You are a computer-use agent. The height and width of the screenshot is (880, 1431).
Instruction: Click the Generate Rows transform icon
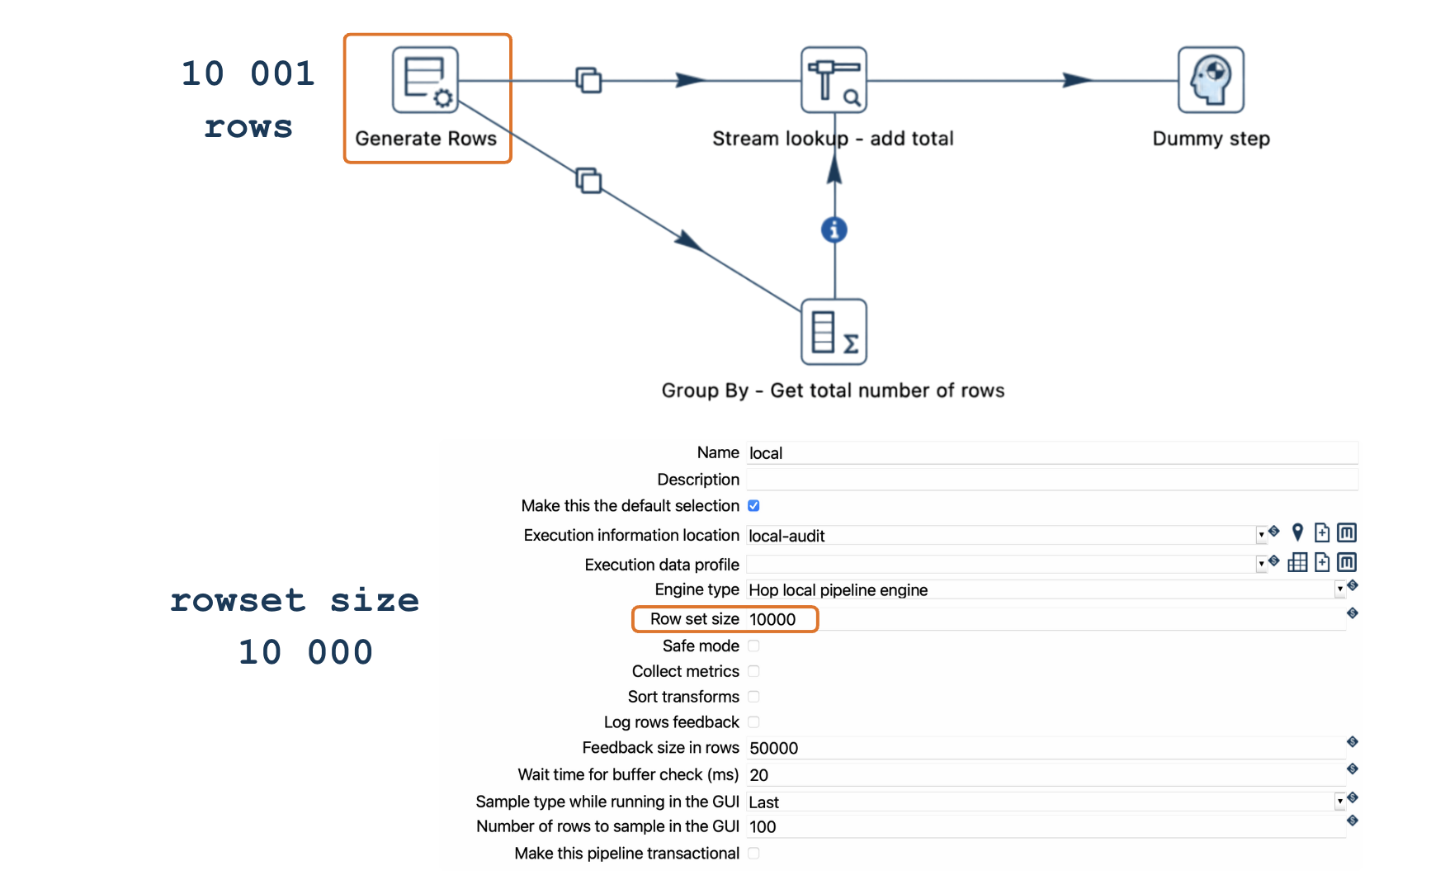pos(425,80)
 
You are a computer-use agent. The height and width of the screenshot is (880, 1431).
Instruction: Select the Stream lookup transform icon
pos(834,80)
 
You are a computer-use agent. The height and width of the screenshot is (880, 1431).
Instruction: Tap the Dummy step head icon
pos(1211,80)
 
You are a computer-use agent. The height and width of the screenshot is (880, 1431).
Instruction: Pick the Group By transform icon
pos(834,332)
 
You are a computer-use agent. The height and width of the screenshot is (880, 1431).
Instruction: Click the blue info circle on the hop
pos(834,229)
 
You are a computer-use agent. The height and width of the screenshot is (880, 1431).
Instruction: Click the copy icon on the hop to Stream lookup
pos(588,80)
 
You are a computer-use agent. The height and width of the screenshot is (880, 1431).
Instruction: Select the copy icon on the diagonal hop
pos(588,180)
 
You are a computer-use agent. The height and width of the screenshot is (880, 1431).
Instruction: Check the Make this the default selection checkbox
pos(753,505)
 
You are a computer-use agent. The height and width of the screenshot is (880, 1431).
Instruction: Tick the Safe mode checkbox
pos(753,646)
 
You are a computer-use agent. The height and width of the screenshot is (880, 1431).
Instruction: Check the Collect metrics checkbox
pos(753,671)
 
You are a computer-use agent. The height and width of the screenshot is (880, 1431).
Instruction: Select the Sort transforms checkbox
pos(753,697)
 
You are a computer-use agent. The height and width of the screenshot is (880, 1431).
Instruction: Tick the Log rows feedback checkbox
pos(753,722)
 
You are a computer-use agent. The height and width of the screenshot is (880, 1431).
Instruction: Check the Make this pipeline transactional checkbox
pos(753,853)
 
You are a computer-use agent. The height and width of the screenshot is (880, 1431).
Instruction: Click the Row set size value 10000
pos(772,619)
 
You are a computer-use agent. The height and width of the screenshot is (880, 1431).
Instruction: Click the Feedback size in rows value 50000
pos(773,748)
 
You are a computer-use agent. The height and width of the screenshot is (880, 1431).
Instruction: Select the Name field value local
pos(766,453)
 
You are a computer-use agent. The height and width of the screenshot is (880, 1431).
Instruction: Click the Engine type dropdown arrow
pos(1339,589)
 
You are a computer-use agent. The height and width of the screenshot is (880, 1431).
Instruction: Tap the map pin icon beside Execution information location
pos(1297,533)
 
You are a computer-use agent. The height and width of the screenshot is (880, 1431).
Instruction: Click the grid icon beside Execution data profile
pos(1297,563)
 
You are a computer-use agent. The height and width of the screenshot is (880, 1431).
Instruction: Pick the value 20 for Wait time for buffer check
pos(758,775)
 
